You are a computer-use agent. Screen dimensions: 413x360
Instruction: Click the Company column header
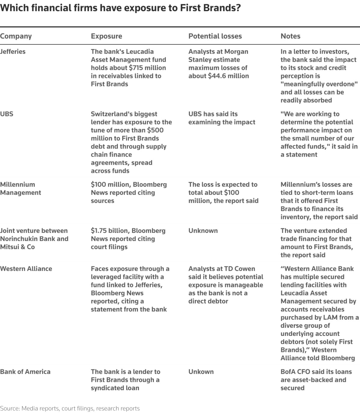click(x=16, y=36)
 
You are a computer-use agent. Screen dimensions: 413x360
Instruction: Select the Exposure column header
click(x=106, y=36)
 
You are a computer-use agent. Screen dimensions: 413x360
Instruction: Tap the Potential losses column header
click(x=215, y=36)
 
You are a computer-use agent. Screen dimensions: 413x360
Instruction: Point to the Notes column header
click(x=290, y=36)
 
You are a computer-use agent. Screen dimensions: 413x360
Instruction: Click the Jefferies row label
click(x=13, y=52)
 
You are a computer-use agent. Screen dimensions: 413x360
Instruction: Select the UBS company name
click(x=7, y=114)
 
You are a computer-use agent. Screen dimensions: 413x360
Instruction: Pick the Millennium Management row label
click(x=20, y=188)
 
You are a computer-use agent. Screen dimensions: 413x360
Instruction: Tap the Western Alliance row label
click(x=26, y=269)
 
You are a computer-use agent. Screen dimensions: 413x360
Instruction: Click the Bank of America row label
click(x=25, y=372)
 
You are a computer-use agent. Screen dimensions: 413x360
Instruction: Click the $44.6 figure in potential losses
click(x=218, y=76)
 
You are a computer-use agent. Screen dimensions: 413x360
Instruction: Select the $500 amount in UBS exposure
click(x=155, y=130)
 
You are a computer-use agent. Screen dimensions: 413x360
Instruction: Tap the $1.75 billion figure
click(x=110, y=231)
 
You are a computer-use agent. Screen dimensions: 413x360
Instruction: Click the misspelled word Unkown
click(x=201, y=372)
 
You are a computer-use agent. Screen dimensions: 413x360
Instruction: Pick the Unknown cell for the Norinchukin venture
click(x=203, y=231)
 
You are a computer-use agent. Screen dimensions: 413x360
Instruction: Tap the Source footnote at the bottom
click(x=70, y=408)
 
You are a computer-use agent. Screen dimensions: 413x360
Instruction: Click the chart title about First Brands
click(x=120, y=8)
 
